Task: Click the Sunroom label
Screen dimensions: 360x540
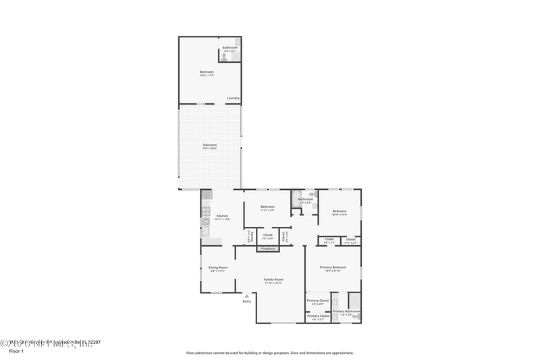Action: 210,146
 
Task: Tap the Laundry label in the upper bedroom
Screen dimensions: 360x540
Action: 233,97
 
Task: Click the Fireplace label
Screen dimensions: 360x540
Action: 268,249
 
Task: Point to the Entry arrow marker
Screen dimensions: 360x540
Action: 246,296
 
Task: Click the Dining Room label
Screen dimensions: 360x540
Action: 218,268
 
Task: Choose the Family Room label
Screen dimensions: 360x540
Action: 273,280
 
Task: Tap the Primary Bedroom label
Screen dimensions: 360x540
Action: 333,268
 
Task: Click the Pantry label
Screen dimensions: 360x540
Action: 250,236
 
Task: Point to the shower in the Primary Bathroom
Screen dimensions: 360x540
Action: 354,300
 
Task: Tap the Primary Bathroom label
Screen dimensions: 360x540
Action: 346,312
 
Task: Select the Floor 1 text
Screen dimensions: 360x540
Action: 15,351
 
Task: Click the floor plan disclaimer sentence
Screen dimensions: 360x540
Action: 270,353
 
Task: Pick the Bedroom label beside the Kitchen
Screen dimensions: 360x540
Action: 268,207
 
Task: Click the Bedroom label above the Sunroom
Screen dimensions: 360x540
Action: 207,73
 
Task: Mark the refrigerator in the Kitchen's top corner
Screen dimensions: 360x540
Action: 207,195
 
